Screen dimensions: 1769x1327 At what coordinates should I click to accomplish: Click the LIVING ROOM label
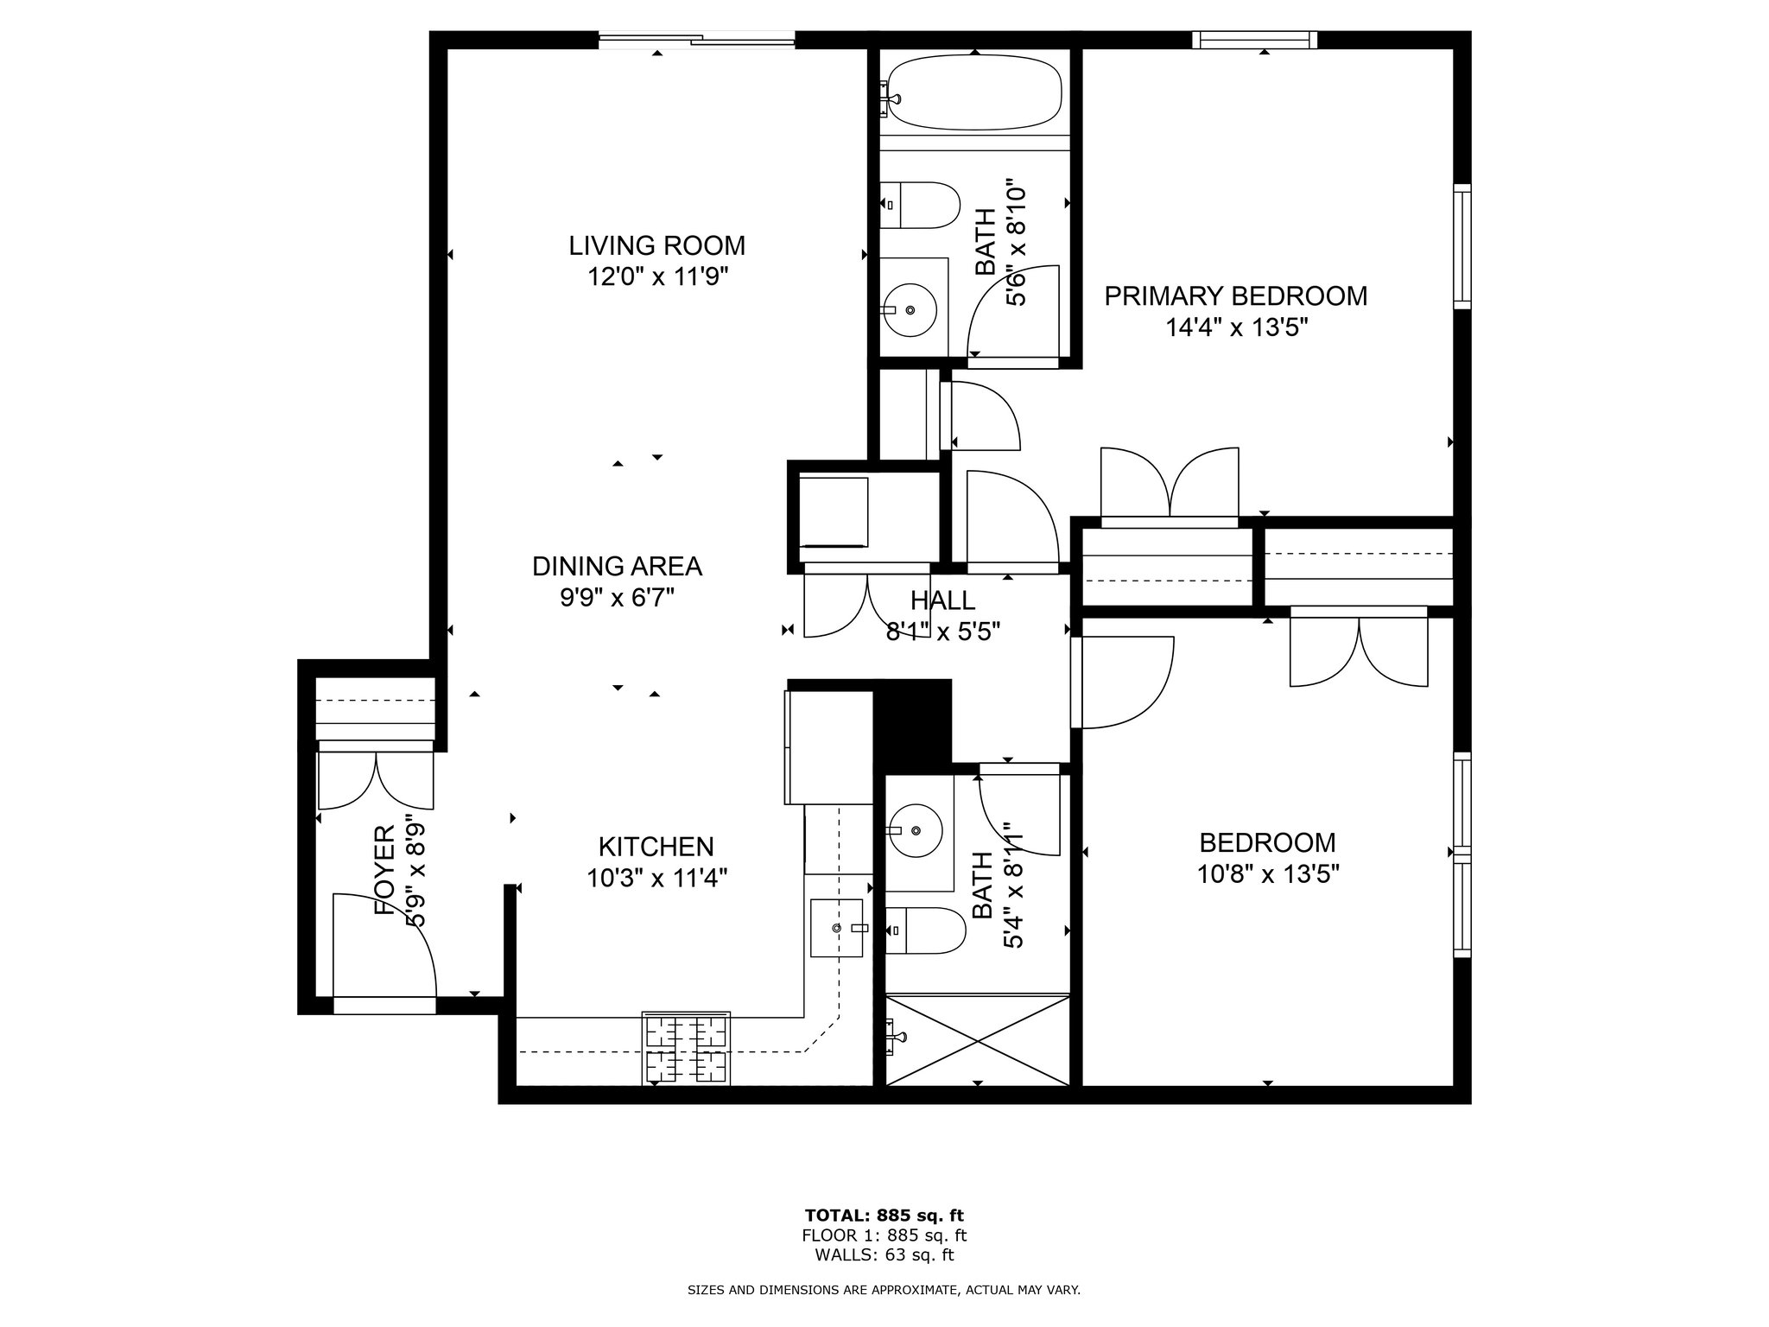pos(656,245)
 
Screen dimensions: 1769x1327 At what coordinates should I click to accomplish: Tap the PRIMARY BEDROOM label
pos(1236,296)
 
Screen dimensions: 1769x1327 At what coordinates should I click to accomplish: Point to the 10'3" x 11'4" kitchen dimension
pos(656,879)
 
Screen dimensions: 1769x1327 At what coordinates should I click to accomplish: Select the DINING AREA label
pos(617,566)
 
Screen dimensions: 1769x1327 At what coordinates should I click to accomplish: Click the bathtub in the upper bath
pos(975,92)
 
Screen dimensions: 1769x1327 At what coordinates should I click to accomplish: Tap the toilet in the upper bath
pos(920,205)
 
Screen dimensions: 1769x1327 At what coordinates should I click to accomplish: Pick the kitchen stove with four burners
pos(686,1048)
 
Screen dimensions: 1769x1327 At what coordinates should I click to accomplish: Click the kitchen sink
pos(837,928)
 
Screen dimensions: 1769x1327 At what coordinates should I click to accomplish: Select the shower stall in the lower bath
pos(978,1039)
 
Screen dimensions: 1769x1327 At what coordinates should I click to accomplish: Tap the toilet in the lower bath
pos(925,930)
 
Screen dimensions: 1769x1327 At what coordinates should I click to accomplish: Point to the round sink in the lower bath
pos(916,829)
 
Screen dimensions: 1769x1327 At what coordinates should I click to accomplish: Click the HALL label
pos(942,600)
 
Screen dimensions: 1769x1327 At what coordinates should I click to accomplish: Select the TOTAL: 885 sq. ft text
pos(884,1216)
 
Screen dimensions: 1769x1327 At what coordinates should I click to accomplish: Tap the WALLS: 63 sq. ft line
pos(884,1255)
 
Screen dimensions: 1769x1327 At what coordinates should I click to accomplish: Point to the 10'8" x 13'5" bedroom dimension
pos(1268,874)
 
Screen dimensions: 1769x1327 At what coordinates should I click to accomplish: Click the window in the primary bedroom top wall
pos(1254,40)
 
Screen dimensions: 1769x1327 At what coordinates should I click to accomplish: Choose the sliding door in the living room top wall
pos(696,39)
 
